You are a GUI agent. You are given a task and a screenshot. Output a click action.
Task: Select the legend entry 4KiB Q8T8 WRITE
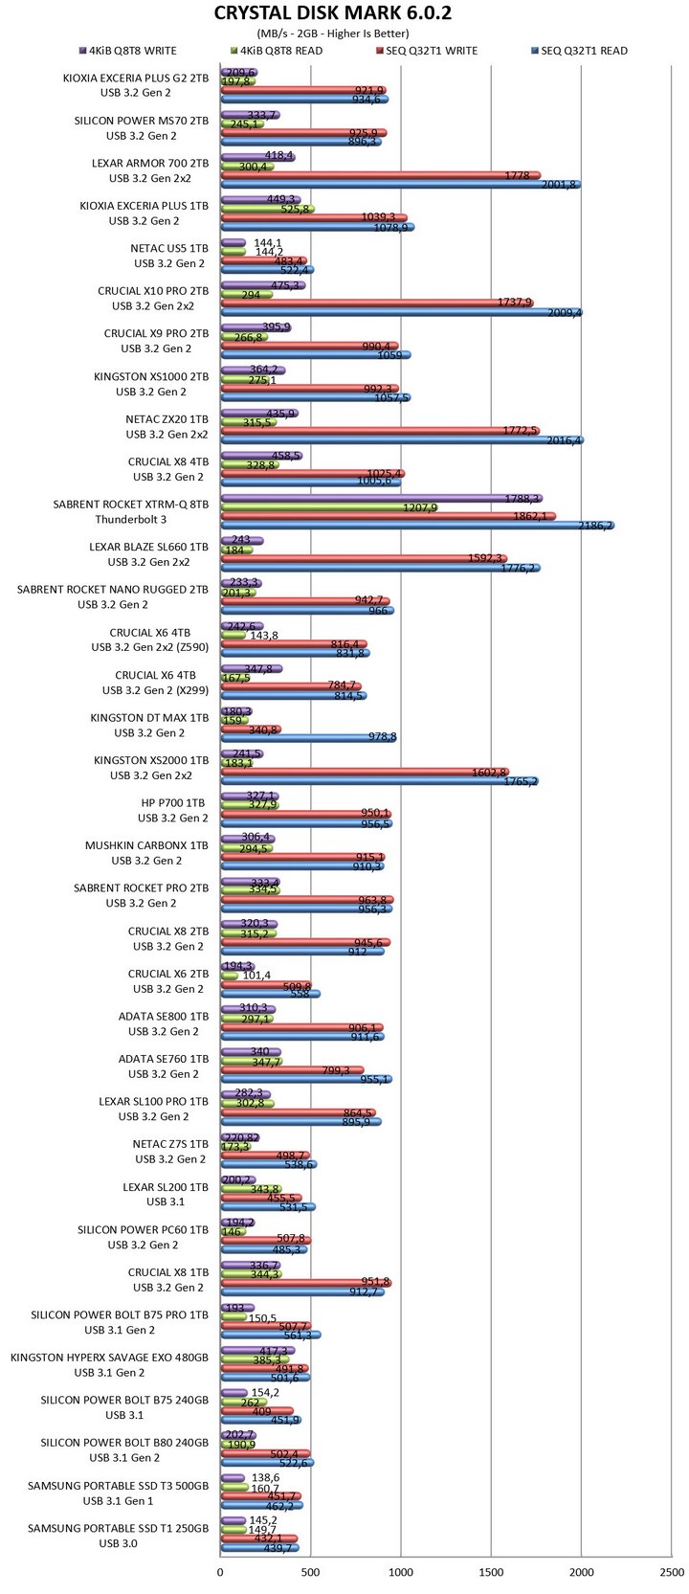[x=133, y=51]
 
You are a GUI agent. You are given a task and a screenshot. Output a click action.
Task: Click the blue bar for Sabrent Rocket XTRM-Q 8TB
[x=416, y=526]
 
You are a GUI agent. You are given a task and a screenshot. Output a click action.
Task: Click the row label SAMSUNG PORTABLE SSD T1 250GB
[x=118, y=1529]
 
